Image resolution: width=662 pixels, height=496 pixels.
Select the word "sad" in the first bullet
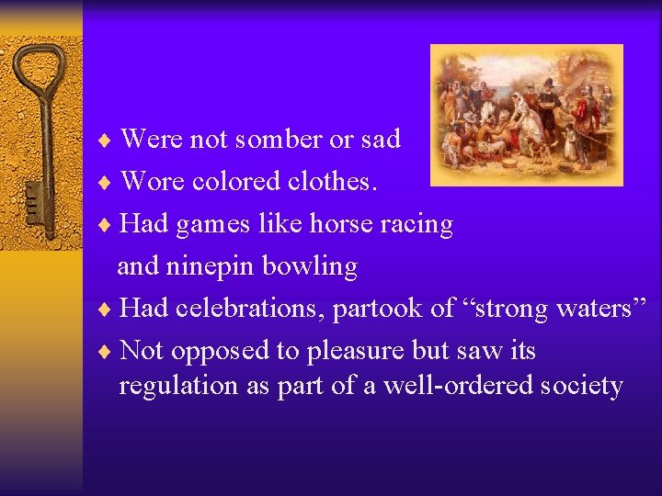380,140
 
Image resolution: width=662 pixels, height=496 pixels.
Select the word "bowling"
309,267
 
